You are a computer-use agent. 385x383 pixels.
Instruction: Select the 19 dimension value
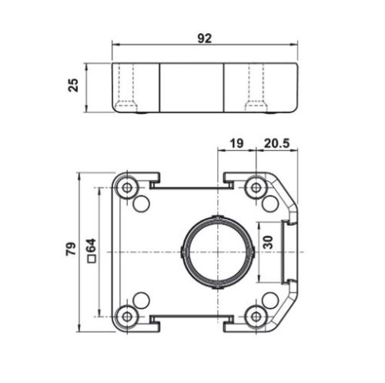[236, 142]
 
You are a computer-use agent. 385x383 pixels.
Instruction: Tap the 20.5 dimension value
[276, 142]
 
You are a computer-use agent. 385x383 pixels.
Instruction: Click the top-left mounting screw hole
[127, 187]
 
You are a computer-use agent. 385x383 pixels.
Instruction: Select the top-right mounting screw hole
[255, 187]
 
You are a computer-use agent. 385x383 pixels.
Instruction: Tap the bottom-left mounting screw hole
[127, 314]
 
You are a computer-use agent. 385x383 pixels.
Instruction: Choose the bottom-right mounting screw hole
[255, 314]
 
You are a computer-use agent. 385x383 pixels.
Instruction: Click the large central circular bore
[217, 250]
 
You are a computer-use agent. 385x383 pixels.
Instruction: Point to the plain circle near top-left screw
[142, 203]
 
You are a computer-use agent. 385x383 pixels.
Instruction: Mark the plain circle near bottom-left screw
[142, 298]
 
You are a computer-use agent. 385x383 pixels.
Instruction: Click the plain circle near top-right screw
[269, 203]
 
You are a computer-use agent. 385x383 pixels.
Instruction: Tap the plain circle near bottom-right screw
[269, 298]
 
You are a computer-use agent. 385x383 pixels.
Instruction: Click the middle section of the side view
[192, 85]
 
